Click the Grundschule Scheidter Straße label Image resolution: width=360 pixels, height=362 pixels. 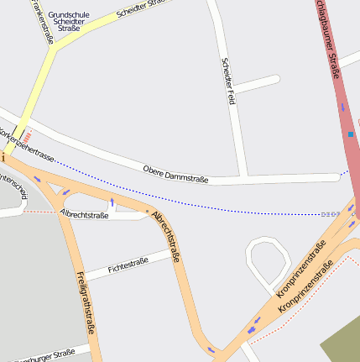coord(69,21)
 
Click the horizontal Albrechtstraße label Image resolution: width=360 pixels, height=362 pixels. coord(84,215)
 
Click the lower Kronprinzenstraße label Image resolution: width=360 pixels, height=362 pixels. coord(306,286)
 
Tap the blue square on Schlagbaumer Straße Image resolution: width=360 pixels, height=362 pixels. coord(351,134)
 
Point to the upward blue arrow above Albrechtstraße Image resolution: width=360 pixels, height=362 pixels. coord(112,202)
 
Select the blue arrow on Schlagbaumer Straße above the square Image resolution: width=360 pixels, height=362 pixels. coord(342,107)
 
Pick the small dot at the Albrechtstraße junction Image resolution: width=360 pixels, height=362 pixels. coord(147,210)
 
